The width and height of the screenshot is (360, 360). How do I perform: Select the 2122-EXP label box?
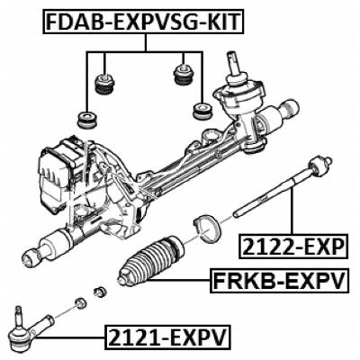tap(292, 246)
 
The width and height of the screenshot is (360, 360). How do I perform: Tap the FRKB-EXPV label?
tap(278, 283)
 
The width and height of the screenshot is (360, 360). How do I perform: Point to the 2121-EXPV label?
tap(167, 338)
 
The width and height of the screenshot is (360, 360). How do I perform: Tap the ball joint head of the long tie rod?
tap(317, 166)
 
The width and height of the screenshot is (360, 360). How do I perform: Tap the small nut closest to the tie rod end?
tap(79, 303)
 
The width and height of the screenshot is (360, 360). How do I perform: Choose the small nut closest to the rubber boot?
tap(101, 292)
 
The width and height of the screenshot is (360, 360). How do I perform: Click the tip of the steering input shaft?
tap(235, 57)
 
